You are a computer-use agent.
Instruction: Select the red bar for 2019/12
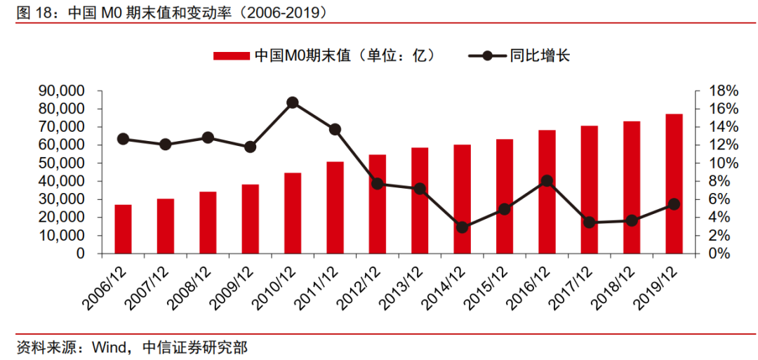[x=674, y=183]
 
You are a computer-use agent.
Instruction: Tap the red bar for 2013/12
[x=420, y=200]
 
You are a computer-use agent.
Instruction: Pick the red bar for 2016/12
[x=547, y=192]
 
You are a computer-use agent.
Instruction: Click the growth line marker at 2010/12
[x=293, y=102]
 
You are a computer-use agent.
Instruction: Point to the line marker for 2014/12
[x=462, y=227]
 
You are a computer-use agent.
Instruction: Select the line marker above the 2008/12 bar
[x=208, y=138]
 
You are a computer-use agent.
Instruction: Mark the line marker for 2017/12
[x=590, y=222]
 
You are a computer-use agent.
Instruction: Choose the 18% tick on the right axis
[x=723, y=91]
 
